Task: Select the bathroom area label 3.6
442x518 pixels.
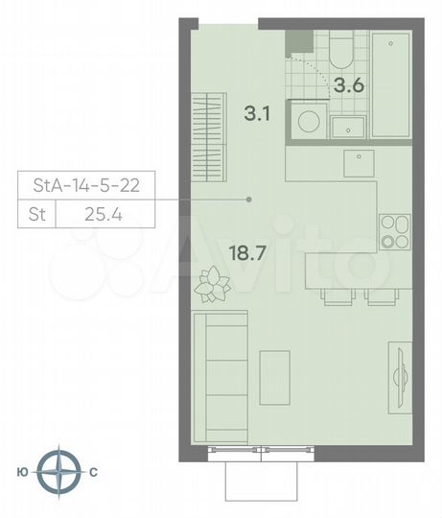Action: tap(346, 85)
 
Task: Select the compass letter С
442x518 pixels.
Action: tap(94, 472)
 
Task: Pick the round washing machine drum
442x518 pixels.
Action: tap(309, 122)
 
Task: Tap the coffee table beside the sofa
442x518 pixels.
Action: tap(275, 375)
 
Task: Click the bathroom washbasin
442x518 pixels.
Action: tap(346, 126)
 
